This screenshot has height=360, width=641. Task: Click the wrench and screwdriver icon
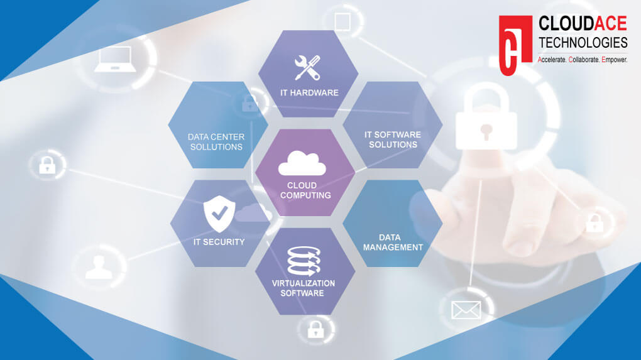[307, 67]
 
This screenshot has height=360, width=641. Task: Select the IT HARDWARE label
[309, 93]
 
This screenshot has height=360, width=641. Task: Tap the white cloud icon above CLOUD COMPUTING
[302, 163]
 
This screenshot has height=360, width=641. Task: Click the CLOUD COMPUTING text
[305, 190]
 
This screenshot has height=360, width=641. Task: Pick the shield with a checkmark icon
[219, 214]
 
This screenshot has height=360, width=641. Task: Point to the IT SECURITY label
[219, 242]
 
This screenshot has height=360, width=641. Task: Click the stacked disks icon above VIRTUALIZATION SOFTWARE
[304, 261]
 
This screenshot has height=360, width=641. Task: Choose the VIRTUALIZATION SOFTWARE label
[303, 288]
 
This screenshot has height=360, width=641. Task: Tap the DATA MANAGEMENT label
[393, 243]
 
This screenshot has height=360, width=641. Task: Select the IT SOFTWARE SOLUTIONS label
[392, 139]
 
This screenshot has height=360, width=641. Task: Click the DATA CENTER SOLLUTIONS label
[216, 142]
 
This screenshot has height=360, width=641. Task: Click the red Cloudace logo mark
[515, 45]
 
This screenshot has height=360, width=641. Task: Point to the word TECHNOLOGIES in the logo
[583, 43]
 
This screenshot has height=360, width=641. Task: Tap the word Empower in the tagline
[615, 60]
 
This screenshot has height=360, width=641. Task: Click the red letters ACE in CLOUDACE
[611, 23]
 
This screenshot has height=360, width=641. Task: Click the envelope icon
[466, 310]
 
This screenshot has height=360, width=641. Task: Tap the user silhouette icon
[99, 267]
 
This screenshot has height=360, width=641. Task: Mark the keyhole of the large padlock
[486, 131]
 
